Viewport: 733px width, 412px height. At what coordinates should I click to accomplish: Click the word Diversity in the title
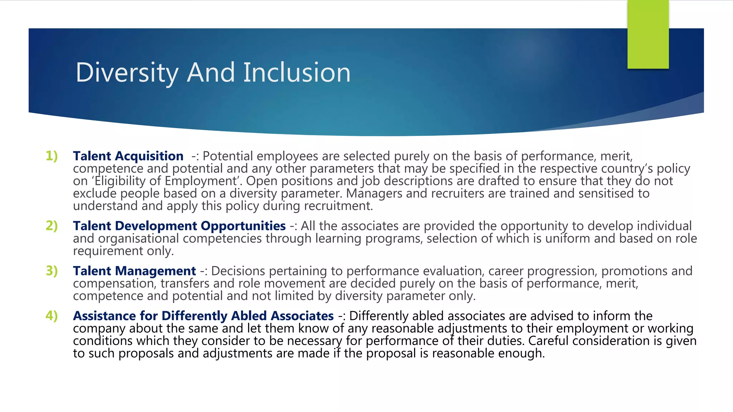pyautogui.click(x=127, y=73)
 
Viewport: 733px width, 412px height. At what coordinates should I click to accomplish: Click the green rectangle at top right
pyautogui.click(x=648, y=34)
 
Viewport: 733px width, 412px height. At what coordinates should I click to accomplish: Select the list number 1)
pyautogui.click(x=52, y=156)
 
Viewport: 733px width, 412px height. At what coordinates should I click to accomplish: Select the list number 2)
pyautogui.click(x=52, y=226)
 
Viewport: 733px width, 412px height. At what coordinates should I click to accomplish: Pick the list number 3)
pyautogui.click(x=52, y=271)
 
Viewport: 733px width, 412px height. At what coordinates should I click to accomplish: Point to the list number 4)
pyautogui.click(x=52, y=316)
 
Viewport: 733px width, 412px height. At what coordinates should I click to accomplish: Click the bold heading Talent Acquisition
pyautogui.click(x=128, y=156)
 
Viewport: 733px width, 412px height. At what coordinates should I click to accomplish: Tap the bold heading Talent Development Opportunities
pyautogui.click(x=179, y=226)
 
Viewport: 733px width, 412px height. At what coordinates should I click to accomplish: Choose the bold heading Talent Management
pyautogui.click(x=134, y=271)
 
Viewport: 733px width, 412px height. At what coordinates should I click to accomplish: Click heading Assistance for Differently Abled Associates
pyautogui.click(x=203, y=316)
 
